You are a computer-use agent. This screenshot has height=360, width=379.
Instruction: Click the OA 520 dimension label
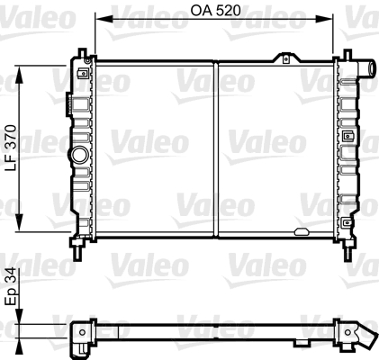coord(215,11)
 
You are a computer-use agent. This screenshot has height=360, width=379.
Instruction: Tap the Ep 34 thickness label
coord(12,287)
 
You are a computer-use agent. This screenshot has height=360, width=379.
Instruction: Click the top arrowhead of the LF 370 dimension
coord(19,75)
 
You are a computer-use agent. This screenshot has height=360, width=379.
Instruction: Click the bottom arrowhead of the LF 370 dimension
coord(19,222)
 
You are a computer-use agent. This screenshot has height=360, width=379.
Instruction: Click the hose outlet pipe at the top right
coord(366,68)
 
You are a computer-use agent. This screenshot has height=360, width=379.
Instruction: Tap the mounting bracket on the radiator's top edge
coord(286,58)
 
